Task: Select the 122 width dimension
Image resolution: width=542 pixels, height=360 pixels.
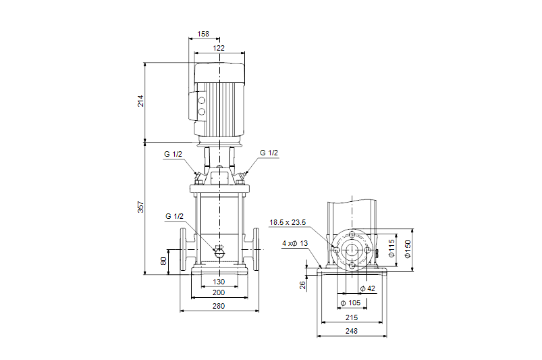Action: (x=220, y=48)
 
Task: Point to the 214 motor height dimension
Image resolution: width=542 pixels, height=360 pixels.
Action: (x=141, y=101)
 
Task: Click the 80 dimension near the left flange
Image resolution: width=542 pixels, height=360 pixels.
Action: (x=163, y=261)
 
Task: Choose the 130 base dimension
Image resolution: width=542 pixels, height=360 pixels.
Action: (x=219, y=282)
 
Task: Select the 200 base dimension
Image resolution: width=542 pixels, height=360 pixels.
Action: (x=219, y=293)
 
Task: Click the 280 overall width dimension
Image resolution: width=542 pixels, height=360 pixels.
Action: (x=219, y=306)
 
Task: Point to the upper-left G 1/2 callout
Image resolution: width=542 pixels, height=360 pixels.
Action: (x=173, y=154)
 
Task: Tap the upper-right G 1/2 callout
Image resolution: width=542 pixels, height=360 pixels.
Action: (x=269, y=153)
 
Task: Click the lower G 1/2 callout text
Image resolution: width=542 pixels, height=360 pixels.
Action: (x=174, y=216)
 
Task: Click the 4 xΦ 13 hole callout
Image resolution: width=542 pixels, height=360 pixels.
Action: (x=295, y=242)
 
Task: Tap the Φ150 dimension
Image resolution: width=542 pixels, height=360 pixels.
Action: (x=407, y=249)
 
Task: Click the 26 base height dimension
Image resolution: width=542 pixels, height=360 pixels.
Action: (x=303, y=286)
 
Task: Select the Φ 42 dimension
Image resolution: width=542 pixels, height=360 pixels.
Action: (x=367, y=289)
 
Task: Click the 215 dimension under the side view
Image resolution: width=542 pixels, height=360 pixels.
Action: (x=352, y=317)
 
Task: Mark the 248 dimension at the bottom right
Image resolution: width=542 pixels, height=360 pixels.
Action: (x=352, y=331)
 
